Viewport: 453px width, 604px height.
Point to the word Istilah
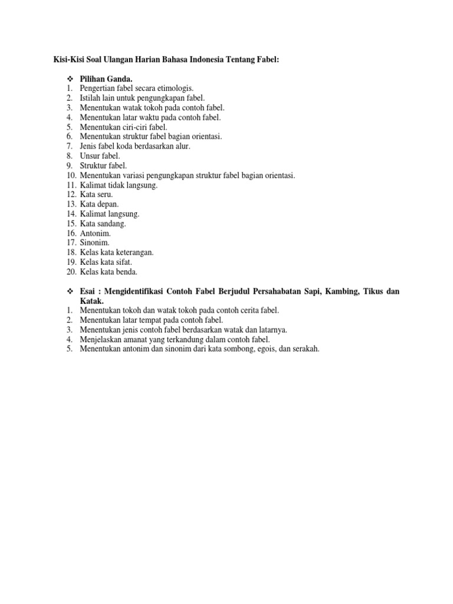(x=91, y=98)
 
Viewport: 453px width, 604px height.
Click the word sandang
(x=110, y=224)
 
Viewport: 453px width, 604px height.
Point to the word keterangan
(x=134, y=252)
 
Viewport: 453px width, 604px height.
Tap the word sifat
(x=123, y=262)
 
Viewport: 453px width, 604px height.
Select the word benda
(x=127, y=272)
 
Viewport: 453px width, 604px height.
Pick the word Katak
(x=91, y=301)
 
